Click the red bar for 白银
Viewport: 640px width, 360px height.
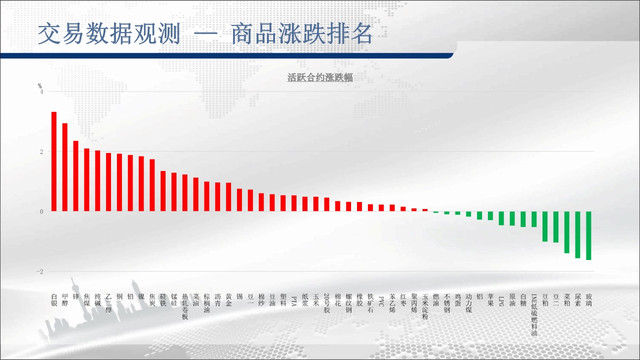(x=54, y=161)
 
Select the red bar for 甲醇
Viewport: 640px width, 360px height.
(x=65, y=167)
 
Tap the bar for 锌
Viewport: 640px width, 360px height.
(x=75, y=176)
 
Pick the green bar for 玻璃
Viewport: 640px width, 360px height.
(x=588, y=235)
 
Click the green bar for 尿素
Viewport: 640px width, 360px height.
(x=577, y=235)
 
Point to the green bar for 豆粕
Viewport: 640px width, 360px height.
(x=545, y=226)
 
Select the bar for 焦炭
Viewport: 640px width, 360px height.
(x=152, y=185)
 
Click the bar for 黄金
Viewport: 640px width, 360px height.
(x=228, y=197)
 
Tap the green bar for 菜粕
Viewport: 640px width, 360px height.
(x=567, y=232)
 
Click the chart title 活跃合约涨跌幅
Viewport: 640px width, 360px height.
(x=320, y=77)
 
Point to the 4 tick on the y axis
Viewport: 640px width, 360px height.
(x=41, y=91)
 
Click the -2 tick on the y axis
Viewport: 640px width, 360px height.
(x=40, y=271)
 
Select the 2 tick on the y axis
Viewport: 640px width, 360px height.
(x=41, y=151)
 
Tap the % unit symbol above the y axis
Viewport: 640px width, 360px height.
(x=39, y=86)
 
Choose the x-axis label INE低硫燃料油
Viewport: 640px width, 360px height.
(x=534, y=314)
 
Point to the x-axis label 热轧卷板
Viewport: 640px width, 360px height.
(x=185, y=306)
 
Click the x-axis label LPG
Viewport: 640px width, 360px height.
(x=501, y=301)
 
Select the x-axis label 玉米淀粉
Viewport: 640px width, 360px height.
(x=425, y=306)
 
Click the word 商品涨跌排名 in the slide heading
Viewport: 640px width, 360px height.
(x=301, y=33)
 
